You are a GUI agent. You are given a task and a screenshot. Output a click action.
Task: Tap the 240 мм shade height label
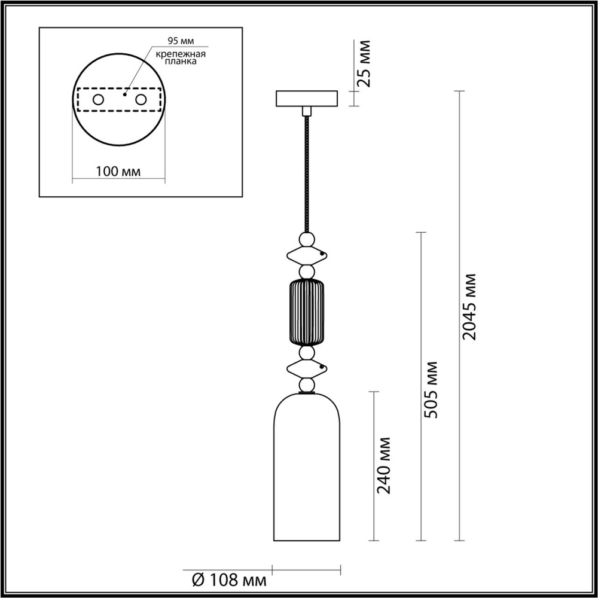[x=386, y=465]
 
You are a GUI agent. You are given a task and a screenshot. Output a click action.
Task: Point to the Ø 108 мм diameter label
[x=229, y=579]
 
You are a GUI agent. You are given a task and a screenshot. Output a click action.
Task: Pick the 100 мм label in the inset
[x=118, y=172]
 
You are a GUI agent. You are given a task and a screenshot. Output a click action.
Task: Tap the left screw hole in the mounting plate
[x=97, y=99]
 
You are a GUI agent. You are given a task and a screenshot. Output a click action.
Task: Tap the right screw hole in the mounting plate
[x=141, y=99]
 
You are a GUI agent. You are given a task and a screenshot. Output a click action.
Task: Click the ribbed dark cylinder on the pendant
[x=307, y=312]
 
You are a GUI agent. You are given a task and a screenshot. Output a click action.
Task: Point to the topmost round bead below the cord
[x=307, y=240]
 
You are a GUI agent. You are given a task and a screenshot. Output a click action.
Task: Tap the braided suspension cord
[x=307, y=173]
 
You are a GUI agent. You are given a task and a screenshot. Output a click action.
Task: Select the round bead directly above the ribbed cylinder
[x=307, y=271]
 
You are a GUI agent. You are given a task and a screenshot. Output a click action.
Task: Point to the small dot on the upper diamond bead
[x=322, y=255]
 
